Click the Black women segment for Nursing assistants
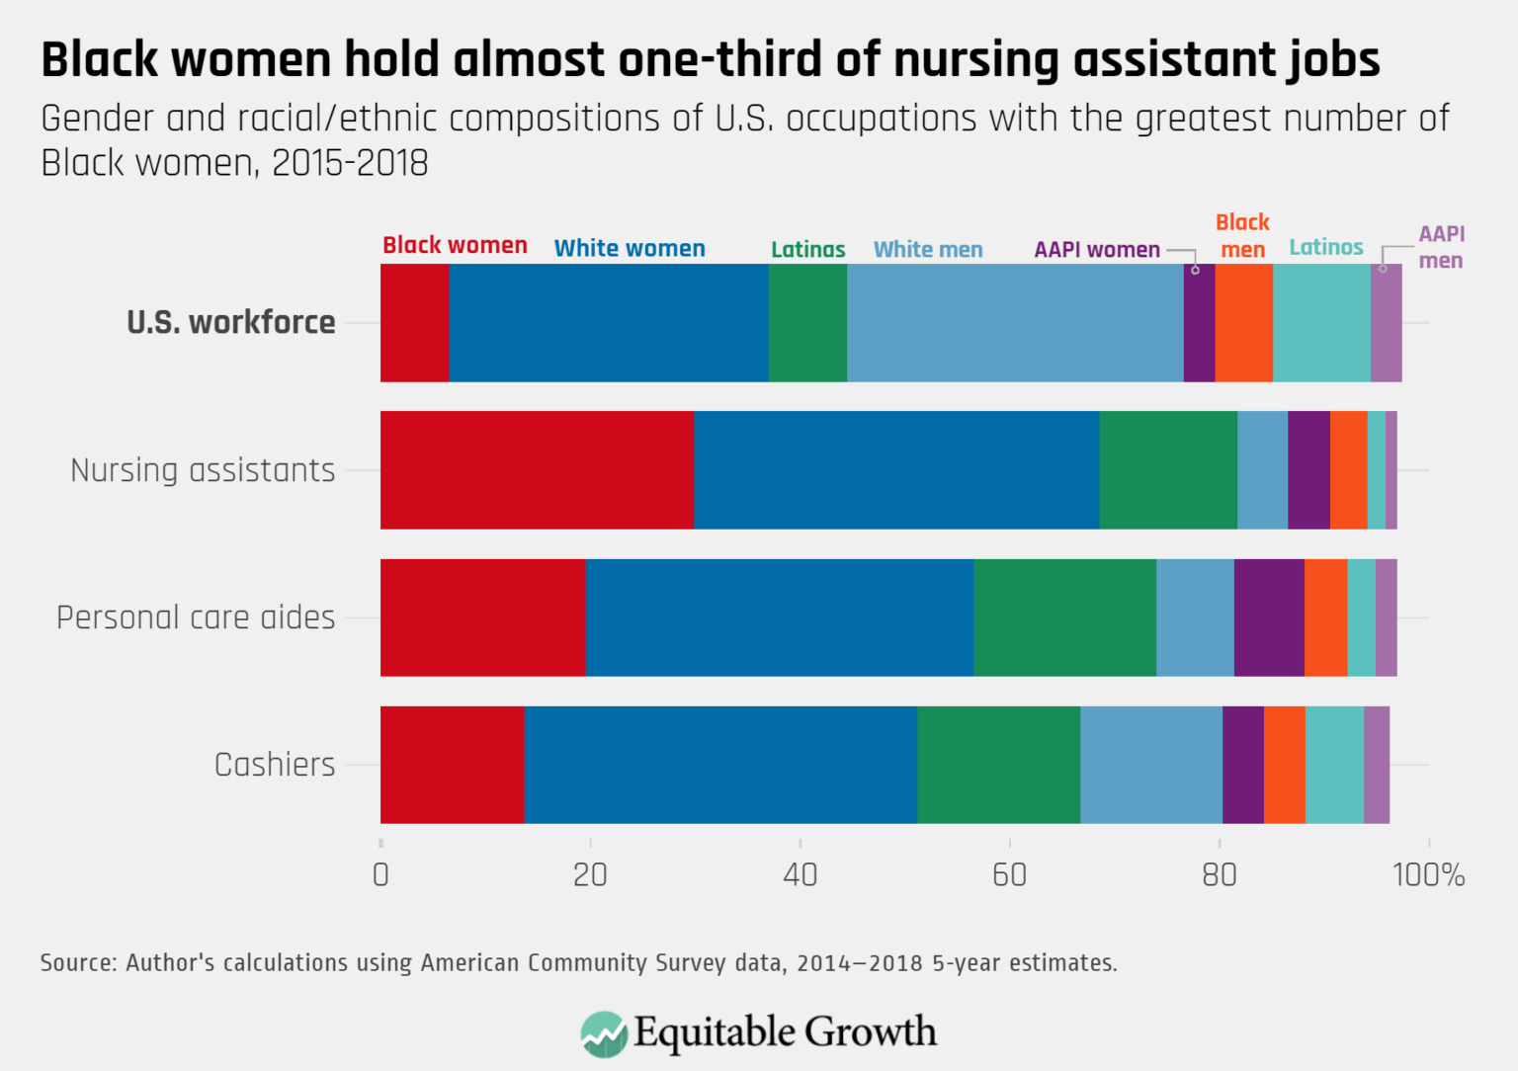pyautogui.click(x=537, y=470)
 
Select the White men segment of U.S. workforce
pyautogui.click(x=1015, y=323)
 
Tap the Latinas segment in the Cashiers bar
pyautogui.click(x=998, y=765)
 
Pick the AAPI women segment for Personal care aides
pyautogui.click(x=1269, y=618)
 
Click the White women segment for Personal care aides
pyautogui.click(x=779, y=618)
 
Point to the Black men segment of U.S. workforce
pyautogui.click(x=1243, y=323)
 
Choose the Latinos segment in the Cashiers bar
pyautogui.click(x=1334, y=765)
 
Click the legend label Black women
pyautogui.click(x=455, y=245)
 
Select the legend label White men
pyautogui.click(x=928, y=250)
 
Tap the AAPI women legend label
pyautogui.click(x=1097, y=250)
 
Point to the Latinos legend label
pyautogui.click(x=1325, y=247)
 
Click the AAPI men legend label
pyautogui.click(x=1441, y=247)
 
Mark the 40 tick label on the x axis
pyautogui.click(x=800, y=875)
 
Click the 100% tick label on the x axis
pyautogui.click(x=1428, y=875)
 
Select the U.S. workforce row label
pyautogui.click(x=231, y=323)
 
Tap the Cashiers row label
pyautogui.click(x=275, y=765)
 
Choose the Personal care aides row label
pyautogui.click(x=196, y=618)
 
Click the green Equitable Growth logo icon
pyautogui.click(x=604, y=1033)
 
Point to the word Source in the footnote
pyautogui.click(x=77, y=962)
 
